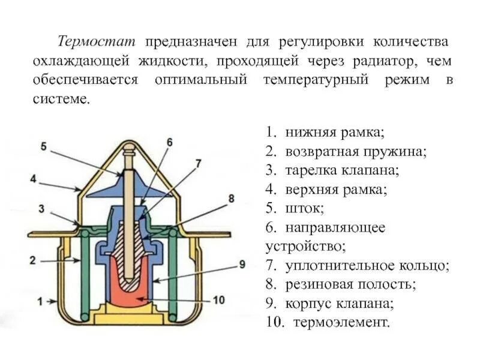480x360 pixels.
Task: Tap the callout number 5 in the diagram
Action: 43,145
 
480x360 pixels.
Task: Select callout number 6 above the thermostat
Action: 169,142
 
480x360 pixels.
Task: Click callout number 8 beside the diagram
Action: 232,197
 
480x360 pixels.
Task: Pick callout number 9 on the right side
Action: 242,264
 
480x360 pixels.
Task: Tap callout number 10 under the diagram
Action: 218,299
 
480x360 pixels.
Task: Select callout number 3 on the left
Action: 41,208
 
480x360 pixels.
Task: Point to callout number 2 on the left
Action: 34,259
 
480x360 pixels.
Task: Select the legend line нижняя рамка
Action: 324,131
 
